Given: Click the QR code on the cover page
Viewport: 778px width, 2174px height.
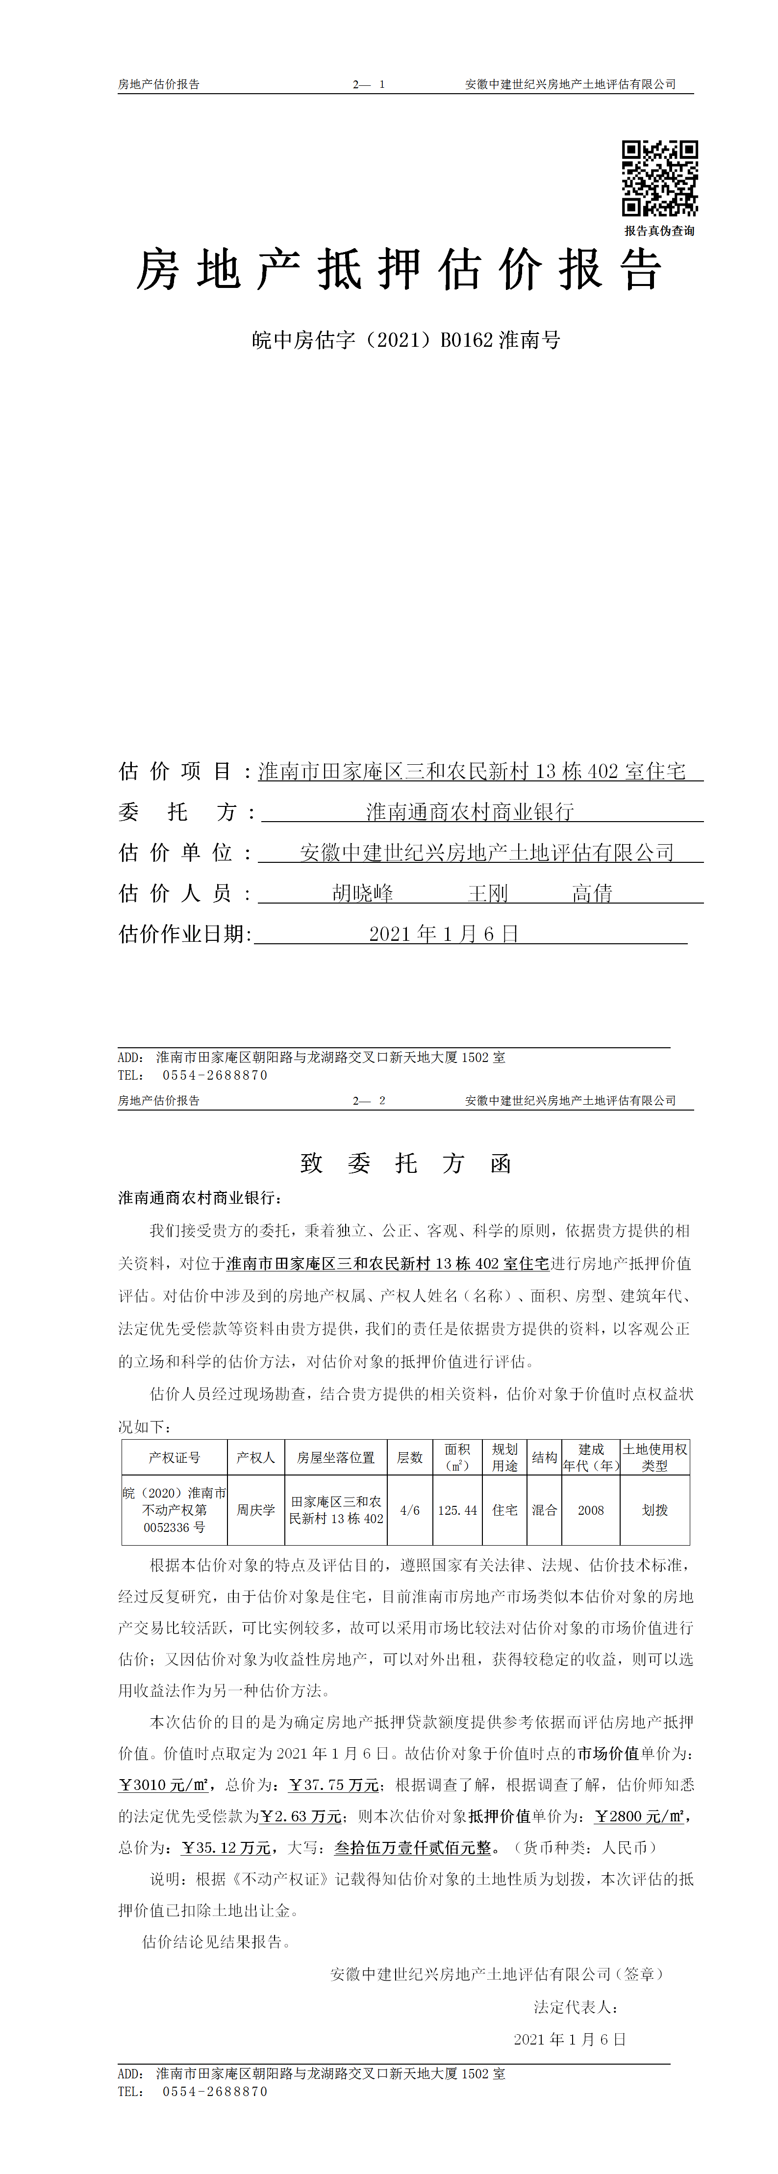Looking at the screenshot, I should pyautogui.click(x=660, y=178).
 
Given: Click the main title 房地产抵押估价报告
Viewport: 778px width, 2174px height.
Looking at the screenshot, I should pyautogui.click(x=399, y=271).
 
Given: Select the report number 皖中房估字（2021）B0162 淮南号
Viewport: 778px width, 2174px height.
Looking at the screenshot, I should pyautogui.click(x=406, y=340).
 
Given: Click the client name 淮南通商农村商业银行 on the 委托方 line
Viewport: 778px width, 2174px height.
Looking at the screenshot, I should pyautogui.click(x=470, y=812).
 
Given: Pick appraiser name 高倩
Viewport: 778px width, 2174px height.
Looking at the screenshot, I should pyautogui.click(x=592, y=893).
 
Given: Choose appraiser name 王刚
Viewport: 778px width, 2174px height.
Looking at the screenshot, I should pyautogui.click(x=488, y=893).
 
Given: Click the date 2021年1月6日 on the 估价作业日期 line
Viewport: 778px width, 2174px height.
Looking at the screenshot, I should pyautogui.click(x=444, y=933).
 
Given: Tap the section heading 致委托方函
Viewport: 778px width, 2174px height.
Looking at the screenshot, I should pyautogui.click(x=406, y=1164).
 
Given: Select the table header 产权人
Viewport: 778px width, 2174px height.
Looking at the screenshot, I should pyautogui.click(x=256, y=1457).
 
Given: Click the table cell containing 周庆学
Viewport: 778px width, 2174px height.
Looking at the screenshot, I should pyautogui.click(x=256, y=1510).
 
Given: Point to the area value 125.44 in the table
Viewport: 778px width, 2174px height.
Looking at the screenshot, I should pyautogui.click(x=457, y=1510).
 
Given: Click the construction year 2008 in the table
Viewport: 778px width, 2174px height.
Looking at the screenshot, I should pyautogui.click(x=591, y=1510).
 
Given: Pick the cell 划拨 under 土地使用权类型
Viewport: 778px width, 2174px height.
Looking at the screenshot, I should pyautogui.click(x=655, y=1510).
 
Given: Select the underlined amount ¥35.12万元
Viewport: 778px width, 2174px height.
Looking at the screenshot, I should pyautogui.click(x=226, y=1847).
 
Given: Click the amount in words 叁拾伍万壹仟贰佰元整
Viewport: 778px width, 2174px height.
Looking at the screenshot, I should pyautogui.click(x=413, y=1847).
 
